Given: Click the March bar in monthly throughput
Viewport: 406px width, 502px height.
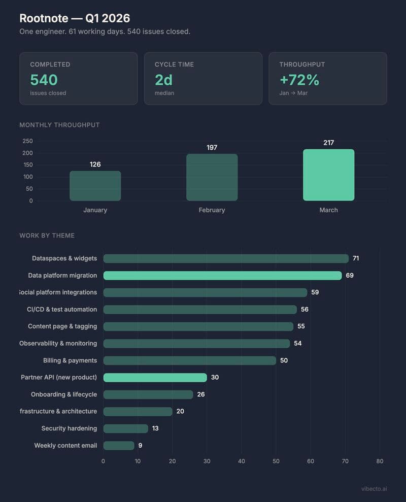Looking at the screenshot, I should tap(328, 175).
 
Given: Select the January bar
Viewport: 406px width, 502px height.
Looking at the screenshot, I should tap(95, 186).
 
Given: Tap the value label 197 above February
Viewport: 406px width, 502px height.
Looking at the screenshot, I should tap(212, 148).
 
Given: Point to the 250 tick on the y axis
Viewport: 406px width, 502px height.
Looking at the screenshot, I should tap(27, 141).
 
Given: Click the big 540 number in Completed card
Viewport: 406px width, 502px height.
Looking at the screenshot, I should tap(44, 80).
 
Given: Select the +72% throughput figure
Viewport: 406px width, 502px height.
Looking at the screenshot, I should tap(299, 80).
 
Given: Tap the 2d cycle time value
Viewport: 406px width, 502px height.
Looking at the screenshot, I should tap(164, 80).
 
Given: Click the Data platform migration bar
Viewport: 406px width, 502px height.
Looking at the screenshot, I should tap(222, 276).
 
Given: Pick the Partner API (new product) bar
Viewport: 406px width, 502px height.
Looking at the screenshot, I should tap(155, 378).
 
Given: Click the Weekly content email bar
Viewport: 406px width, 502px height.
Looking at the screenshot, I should tap(119, 446).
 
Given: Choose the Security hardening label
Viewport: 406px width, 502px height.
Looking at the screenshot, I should tap(69, 428).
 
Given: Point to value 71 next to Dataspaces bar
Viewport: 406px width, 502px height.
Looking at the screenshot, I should tap(356, 258).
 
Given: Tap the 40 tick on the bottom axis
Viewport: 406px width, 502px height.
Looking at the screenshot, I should tap(241, 461).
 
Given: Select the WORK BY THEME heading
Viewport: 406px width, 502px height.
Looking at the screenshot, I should tap(47, 236).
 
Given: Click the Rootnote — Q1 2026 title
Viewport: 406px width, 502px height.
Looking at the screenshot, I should tap(75, 18).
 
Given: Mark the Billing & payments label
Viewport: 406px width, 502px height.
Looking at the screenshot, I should tap(70, 360).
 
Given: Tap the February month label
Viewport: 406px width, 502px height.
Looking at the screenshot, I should tap(212, 210).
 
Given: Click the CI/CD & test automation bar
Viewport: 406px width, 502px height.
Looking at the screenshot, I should tap(200, 310).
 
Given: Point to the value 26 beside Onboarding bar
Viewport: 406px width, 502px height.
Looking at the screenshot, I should tap(201, 394).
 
